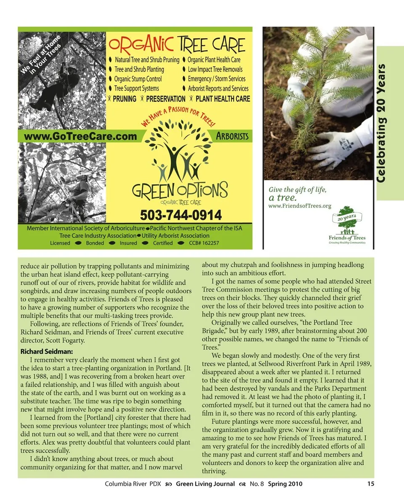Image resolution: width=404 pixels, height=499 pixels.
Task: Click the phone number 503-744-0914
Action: [x=181, y=215]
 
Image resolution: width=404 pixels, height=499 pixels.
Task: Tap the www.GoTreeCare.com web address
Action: [x=81, y=136]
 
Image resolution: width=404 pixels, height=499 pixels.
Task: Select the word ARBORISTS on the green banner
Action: [x=232, y=136]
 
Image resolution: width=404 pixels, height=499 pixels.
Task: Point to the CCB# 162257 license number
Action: [x=204, y=243]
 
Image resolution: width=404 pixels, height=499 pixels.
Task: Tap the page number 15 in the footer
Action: [x=370, y=484]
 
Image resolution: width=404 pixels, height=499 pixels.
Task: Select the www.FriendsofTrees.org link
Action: [x=300, y=206]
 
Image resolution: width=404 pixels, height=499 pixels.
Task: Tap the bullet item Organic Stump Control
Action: [x=138, y=79]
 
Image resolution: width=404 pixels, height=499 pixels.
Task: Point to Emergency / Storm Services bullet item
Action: [x=216, y=79]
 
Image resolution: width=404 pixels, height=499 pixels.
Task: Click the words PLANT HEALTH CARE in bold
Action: [x=223, y=99]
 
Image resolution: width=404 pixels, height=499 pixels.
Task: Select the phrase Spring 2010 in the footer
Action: [x=285, y=484]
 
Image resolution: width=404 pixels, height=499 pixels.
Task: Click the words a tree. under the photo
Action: [x=283, y=198]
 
